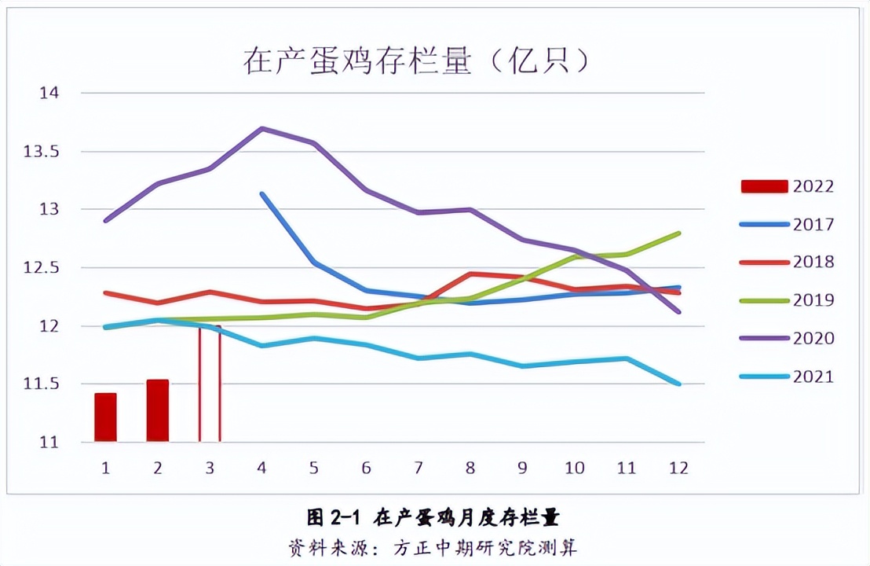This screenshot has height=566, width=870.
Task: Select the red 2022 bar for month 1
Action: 105,417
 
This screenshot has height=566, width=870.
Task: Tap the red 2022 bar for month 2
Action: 157,410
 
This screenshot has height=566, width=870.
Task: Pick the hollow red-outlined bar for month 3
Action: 209,384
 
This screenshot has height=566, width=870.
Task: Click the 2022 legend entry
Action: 788,186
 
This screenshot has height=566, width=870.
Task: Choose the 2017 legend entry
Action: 788,224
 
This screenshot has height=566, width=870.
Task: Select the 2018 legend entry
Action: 788,262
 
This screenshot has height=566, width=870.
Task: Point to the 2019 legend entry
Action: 788,300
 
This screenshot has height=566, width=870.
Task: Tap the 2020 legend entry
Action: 788,338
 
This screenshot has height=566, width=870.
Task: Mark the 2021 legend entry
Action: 788,377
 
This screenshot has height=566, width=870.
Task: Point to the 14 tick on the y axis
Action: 49,93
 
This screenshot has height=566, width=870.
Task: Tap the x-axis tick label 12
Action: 678,467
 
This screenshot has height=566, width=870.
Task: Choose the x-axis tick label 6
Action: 366,467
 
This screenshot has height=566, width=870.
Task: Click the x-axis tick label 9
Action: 522,467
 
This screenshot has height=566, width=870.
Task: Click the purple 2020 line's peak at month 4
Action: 261,128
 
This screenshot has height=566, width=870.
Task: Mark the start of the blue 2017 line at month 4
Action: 261,193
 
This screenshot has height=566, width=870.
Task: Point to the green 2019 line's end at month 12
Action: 678,233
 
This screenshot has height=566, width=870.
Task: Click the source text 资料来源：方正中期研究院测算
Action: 433,546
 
